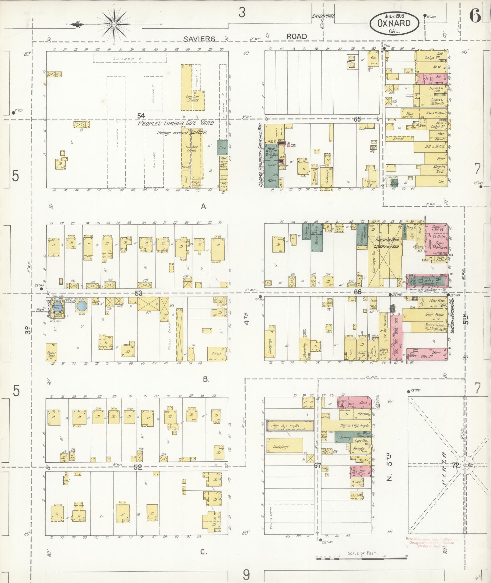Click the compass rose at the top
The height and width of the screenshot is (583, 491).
click(x=114, y=24)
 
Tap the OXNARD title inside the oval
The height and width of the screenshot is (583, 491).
click(x=394, y=23)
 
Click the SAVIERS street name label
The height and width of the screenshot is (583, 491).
click(x=200, y=39)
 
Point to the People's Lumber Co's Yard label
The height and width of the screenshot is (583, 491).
click(x=176, y=123)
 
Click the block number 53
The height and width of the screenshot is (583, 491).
click(x=139, y=293)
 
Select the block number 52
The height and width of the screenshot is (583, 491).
click(x=138, y=467)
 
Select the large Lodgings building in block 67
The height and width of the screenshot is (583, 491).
click(x=285, y=447)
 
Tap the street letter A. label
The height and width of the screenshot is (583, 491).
click(x=204, y=207)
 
